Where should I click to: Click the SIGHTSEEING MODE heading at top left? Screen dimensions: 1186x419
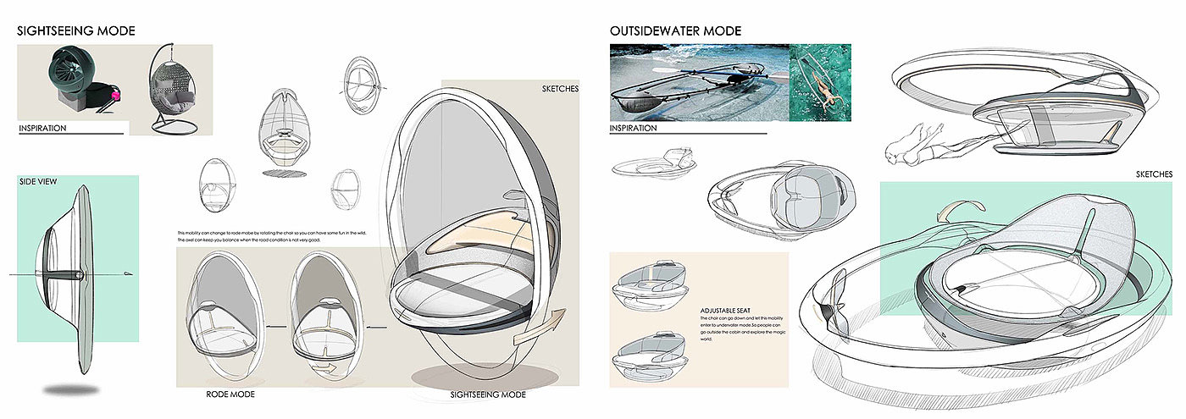[76, 31]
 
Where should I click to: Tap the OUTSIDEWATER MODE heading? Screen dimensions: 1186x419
[675, 31]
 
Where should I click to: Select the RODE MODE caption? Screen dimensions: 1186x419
[230, 394]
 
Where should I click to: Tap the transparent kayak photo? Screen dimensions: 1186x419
[698, 82]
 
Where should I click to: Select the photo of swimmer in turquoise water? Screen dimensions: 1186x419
[820, 82]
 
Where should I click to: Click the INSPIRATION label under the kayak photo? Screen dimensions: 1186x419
[633, 129]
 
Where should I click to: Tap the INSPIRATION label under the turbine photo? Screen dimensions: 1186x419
[42, 129]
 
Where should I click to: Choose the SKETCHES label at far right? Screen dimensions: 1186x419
[1154, 174]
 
